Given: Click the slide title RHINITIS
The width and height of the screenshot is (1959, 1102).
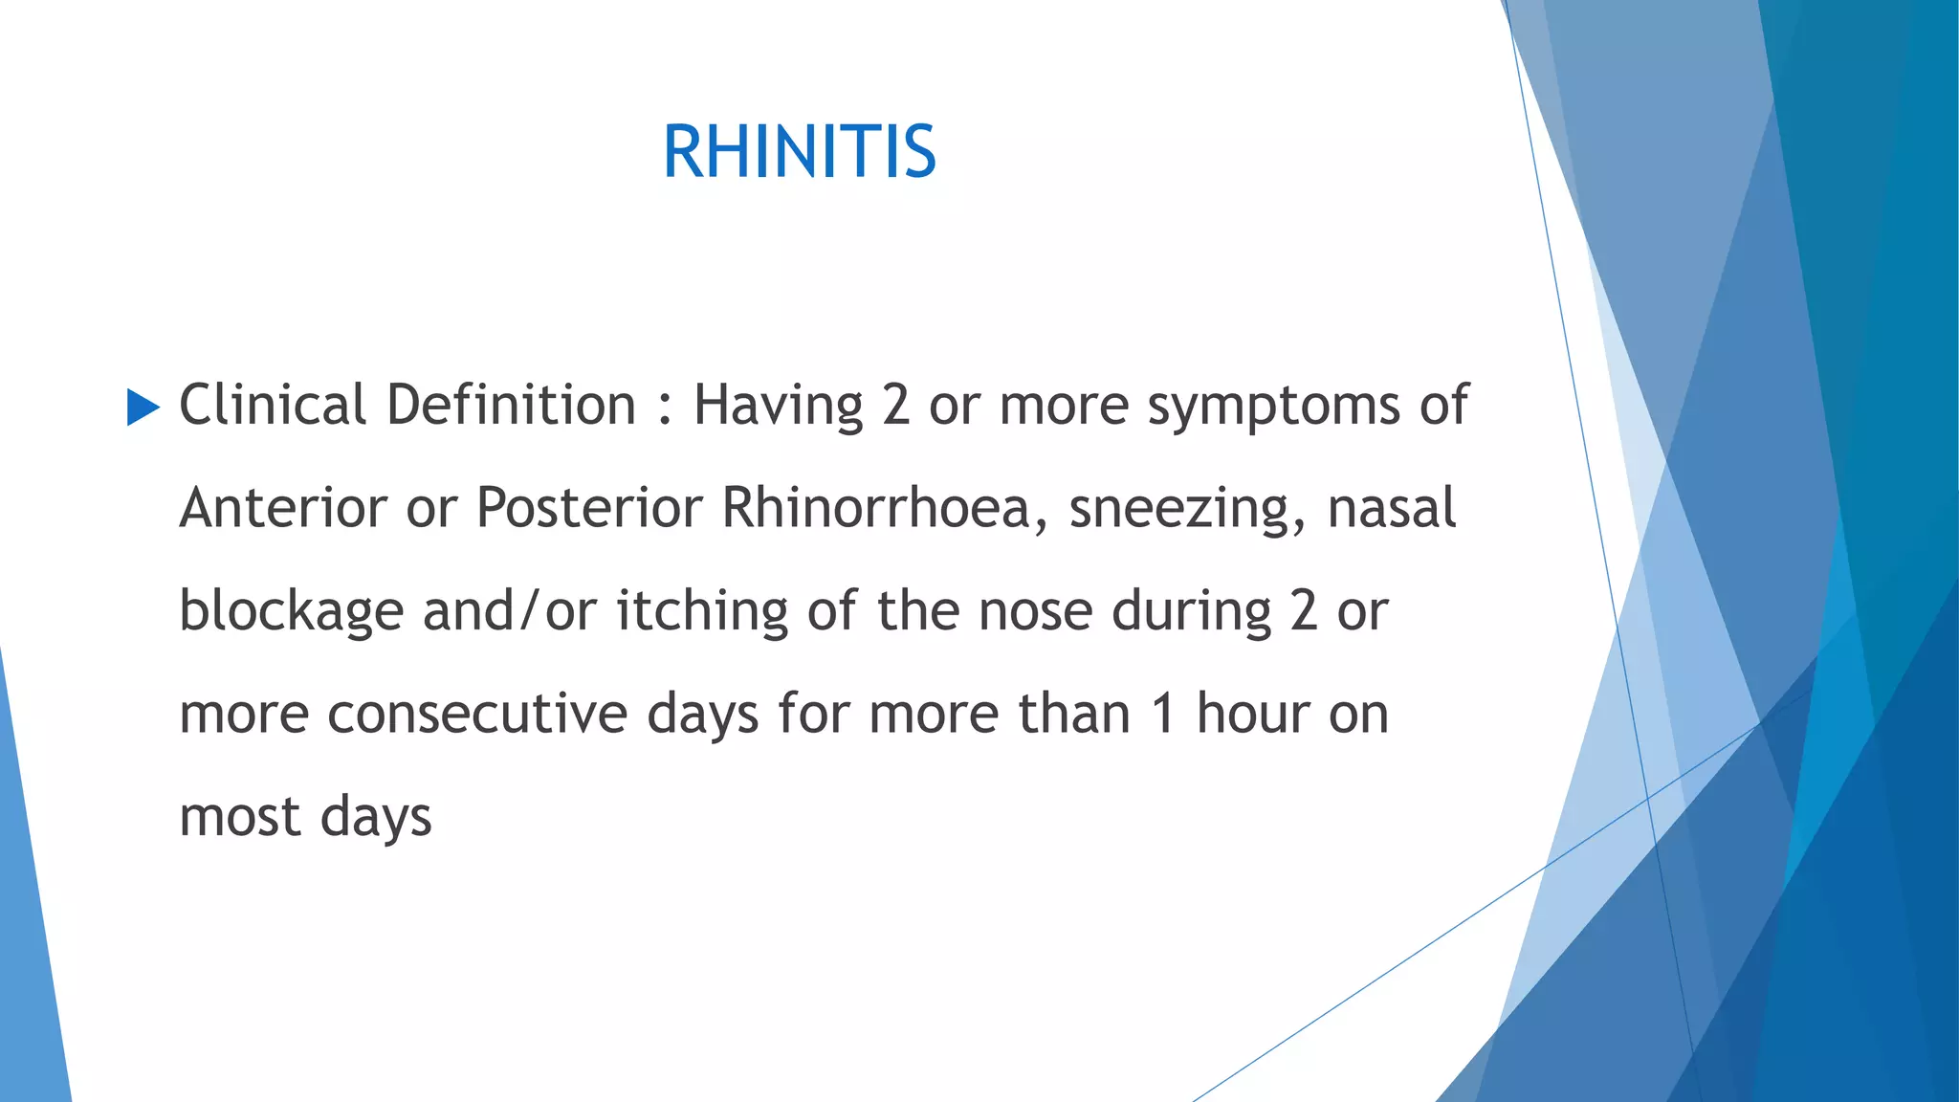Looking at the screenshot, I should [x=799, y=153].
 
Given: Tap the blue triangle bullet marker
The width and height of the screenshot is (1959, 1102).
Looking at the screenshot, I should [x=143, y=408].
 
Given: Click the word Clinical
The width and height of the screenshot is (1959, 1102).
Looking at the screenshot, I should [x=273, y=406].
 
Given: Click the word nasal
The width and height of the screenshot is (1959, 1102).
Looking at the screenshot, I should [x=1392, y=508].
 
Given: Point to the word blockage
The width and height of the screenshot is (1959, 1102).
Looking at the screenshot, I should [x=291, y=612].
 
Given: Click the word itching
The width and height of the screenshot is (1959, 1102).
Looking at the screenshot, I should [x=702, y=612].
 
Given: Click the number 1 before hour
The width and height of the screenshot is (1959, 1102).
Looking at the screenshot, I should [x=1163, y=715].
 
